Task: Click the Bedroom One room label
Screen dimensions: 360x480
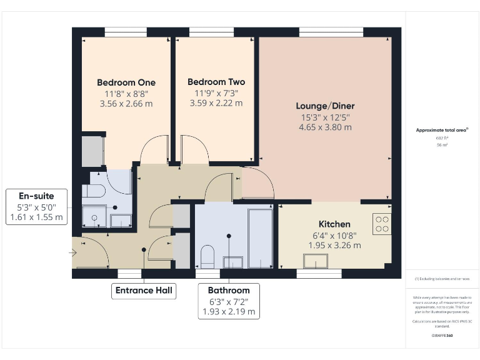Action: pos(126,82)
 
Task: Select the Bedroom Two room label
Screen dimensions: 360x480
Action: pos(216,82)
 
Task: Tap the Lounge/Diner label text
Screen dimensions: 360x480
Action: pos(325,106)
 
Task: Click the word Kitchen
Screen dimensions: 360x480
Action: pos(334,224)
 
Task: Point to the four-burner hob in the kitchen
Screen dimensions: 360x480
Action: pos(382,224)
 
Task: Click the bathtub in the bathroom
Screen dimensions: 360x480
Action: pos(261,237)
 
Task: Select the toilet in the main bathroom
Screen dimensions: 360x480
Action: pos(207,256)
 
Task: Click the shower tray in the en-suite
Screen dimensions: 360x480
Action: pos(94,216)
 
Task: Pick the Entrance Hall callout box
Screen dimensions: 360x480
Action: pos(144,291)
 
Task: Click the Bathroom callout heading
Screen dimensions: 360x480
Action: pos(229,291)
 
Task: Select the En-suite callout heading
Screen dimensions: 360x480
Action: pos(37,196)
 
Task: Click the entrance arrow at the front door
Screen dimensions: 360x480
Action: pos(73,253)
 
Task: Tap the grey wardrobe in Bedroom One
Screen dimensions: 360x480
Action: pos(92,151)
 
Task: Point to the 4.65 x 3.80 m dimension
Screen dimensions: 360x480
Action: pos(325,127)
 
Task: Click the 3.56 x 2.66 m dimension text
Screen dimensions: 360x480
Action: pos(126,104)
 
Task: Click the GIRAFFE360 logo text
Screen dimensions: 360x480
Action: pos(442,336)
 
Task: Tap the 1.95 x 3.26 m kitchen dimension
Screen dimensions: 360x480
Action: pos(334,246)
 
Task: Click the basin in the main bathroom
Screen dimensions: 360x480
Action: pos(233,262)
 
